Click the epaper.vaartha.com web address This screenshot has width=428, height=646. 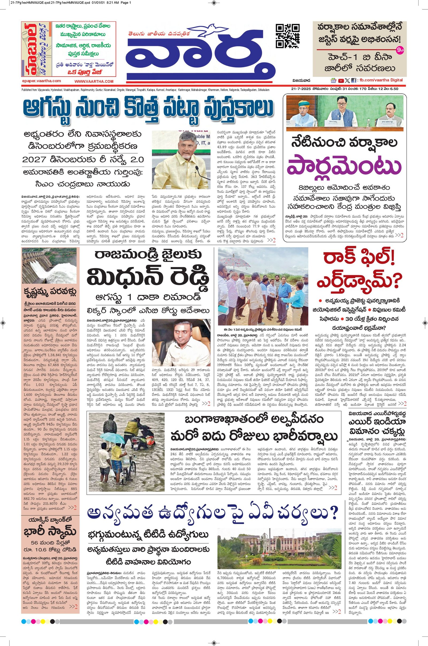coord(41,81)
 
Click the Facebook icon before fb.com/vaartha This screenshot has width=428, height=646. coord(353,81)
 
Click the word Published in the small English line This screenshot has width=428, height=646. coord(27,90)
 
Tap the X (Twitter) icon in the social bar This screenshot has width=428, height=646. coord(347,81)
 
